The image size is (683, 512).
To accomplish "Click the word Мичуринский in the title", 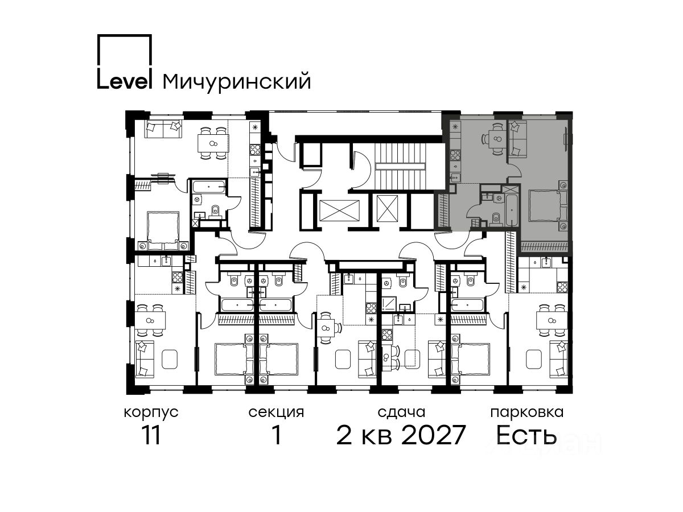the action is (x=237, y=82).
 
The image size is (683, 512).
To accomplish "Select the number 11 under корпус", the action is (x=151, y=435).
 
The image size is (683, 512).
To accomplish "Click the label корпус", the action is (x=151, y=412).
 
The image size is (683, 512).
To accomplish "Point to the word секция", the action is (x=276, y=412).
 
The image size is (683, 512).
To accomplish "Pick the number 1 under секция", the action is (x=276, y=435).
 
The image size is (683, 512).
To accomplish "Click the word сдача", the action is (x=401, y=412).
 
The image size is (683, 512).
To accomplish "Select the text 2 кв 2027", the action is (x=401, y=435).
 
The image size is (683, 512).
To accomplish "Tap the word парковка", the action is (x=527, y=412).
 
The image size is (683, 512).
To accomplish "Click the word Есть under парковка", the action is (x=526, y=435).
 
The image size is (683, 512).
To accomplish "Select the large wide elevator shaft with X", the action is (x=339, y=210).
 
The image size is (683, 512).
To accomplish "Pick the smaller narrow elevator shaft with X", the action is (x=387, y=209).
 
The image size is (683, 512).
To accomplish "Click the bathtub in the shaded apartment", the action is (x=512, y=210).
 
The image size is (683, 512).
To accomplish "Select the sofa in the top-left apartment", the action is (x=163, y=129).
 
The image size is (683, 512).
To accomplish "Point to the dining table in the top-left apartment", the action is (x=213, y=143).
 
